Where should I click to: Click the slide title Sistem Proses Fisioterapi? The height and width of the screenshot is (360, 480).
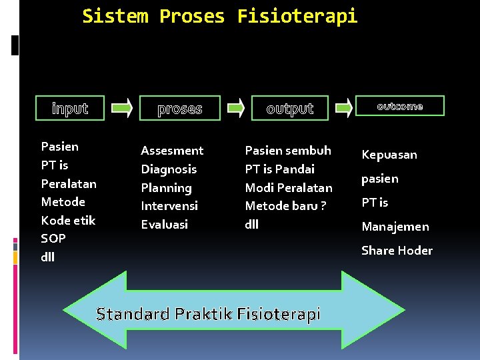coord(219,16)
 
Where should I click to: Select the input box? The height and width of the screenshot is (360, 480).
coord(70,108)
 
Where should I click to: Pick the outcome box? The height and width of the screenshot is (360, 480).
coord(400,106)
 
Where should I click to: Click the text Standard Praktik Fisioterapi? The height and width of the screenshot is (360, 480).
coord(208,314)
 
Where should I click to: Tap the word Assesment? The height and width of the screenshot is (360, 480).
coord(172,151)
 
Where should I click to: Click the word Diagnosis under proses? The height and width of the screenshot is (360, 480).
coord(169,169)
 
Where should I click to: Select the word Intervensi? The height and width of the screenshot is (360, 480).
coord(169,206)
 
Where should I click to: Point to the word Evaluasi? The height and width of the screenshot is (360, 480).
coord(164,225)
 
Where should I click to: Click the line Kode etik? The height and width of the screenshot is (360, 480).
coord(68,220)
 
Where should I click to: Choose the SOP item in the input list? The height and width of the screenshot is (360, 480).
coord(53,238)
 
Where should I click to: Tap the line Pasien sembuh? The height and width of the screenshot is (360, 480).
coord(288,151)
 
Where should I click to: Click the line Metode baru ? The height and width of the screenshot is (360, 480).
coord(285,206)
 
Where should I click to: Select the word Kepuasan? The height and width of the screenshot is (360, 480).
coord(389,155)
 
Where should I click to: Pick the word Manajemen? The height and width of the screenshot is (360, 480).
coord(395,227)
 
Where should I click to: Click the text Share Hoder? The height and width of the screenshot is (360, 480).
coord(397,251)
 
